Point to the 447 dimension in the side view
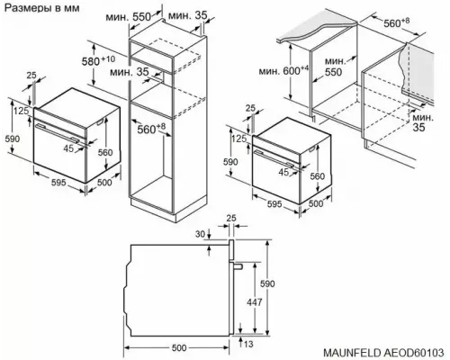256,303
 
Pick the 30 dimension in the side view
199,236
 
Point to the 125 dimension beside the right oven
239,140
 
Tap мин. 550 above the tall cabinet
127,16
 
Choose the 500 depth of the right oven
316,203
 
